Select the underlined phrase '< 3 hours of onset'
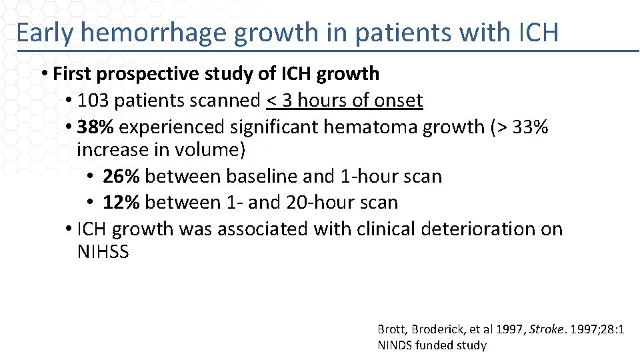344,101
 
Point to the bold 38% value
95,127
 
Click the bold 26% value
121,176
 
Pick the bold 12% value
121,202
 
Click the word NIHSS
103,253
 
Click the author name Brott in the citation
391,329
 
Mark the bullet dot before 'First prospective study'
43,73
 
